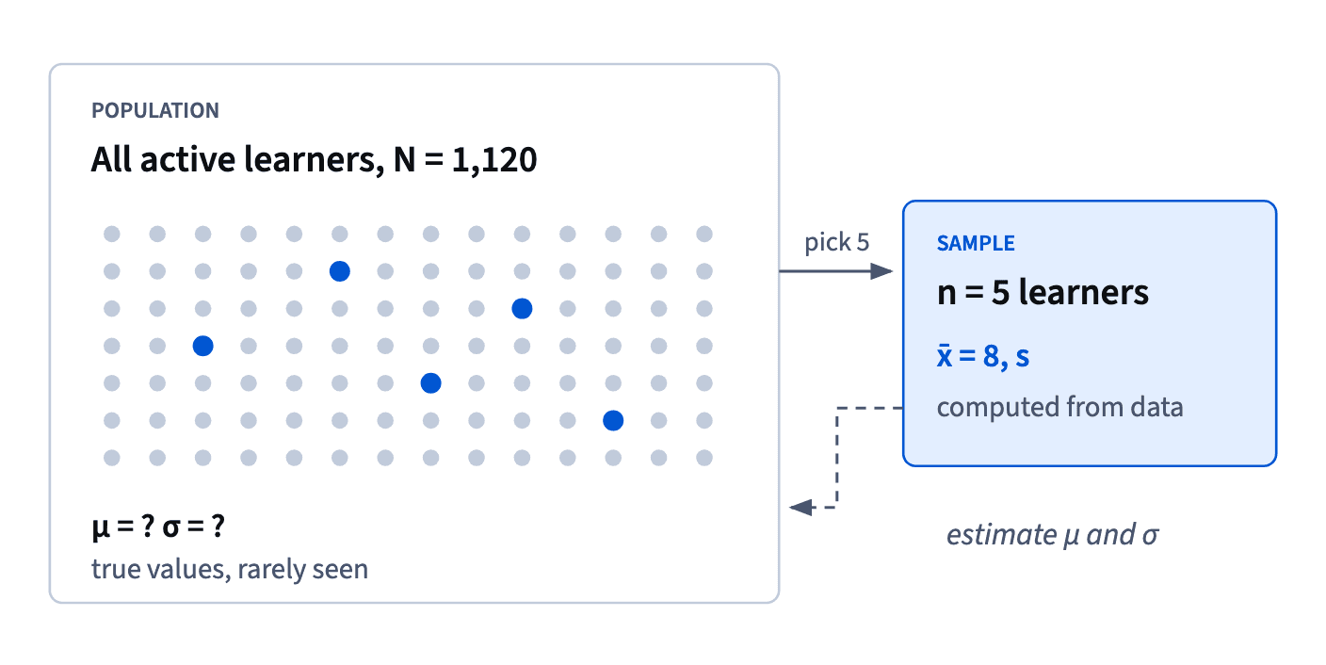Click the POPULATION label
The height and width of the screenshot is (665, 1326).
click(x=155, y=111)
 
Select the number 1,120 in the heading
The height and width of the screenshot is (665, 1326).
click(x=494, y=160)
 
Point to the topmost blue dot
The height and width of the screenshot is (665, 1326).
click(x=340, y=271)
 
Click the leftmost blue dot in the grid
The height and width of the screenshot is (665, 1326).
click(x=203, y=346)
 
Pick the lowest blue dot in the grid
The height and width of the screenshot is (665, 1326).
click(x=613, y=420)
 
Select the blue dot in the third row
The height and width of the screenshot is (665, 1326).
click(x=522, y=309)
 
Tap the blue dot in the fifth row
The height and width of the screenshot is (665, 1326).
click(x=431, y=383)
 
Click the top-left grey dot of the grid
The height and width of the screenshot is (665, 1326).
click(x=112, y=234)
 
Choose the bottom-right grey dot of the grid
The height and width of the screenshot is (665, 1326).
click(x=704, y=458)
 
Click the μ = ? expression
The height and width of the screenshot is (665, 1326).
click(x=123, y=526)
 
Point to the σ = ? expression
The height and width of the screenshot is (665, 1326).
click(x=194, y=526)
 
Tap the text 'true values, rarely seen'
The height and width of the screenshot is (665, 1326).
click(x=230, y=570)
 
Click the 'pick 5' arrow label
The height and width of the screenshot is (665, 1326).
click(x=836, y=242)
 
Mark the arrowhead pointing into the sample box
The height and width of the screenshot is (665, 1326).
click(x=882, y=271)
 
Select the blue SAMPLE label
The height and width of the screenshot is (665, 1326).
click(x=976, y=243)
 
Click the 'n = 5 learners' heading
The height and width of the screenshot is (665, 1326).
click(x=1043, y=293)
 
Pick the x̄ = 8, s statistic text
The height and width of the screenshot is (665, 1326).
click(x=982, y=356)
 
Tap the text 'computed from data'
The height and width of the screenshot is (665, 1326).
click(x=1059, y=408)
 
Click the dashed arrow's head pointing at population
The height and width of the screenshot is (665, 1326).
click(x=800, y=508)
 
